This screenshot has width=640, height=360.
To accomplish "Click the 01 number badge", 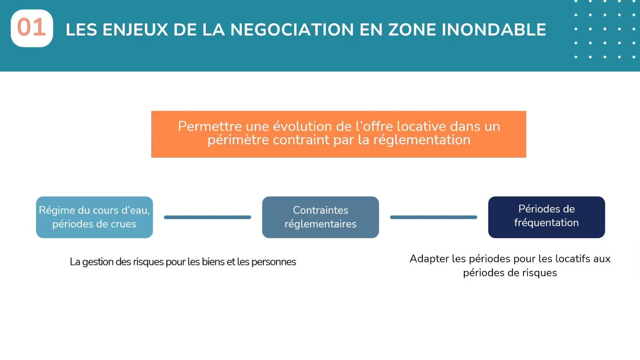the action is pos(32,28).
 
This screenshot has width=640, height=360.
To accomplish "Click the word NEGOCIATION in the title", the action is pos(292,30).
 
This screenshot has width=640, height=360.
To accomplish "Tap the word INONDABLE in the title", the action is pos(494,30).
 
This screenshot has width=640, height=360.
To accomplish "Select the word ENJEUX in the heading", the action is pos(135,30).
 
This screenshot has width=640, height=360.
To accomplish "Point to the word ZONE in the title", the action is pos(412,30).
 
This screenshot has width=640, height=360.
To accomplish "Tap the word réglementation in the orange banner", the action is pos(422,140).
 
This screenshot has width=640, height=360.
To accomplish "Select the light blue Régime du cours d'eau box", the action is pos(94,217).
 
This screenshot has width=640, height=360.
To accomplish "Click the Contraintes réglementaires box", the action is pos(320,217).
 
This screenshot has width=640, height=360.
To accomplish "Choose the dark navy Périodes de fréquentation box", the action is pos(546,217).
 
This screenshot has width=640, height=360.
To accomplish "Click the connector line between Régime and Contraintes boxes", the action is pos(207,217).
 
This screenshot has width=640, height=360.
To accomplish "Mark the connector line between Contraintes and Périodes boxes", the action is pos(433,217).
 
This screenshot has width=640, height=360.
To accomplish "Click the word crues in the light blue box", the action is pos(123,224).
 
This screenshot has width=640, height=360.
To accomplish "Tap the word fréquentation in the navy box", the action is pos(546,223).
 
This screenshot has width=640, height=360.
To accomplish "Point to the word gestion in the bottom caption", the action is pos(98,262).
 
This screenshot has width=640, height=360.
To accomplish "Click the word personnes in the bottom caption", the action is pos(273,262).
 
